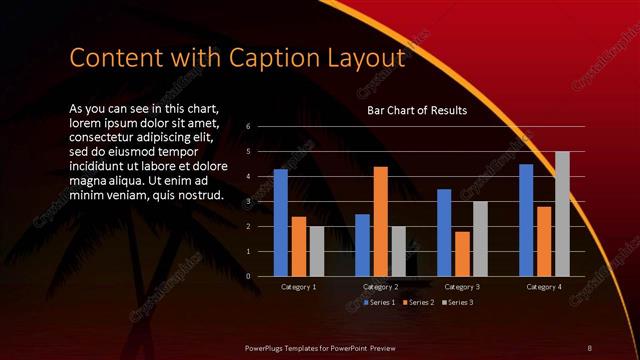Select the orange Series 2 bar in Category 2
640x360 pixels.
coord(380,221)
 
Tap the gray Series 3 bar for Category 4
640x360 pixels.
coord(562,214)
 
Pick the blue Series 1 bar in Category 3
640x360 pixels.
coord(444,233)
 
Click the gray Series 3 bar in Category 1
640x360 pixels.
coord(316,251)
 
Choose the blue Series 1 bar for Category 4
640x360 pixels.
coord(526,220)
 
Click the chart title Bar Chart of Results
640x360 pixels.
coord(417,110)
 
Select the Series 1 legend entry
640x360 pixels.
coord(380,302)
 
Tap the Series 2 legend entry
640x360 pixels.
coord(418,302)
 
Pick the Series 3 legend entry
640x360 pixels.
coord(456,302)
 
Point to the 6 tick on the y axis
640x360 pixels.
coord(247,127)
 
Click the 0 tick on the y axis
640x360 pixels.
coord(247,276)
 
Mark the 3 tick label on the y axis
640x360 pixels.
coord(247,202)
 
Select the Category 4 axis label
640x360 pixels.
coord(544,287)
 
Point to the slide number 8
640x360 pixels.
coord(589,346)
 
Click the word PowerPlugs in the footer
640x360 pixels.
coord(268,346)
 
